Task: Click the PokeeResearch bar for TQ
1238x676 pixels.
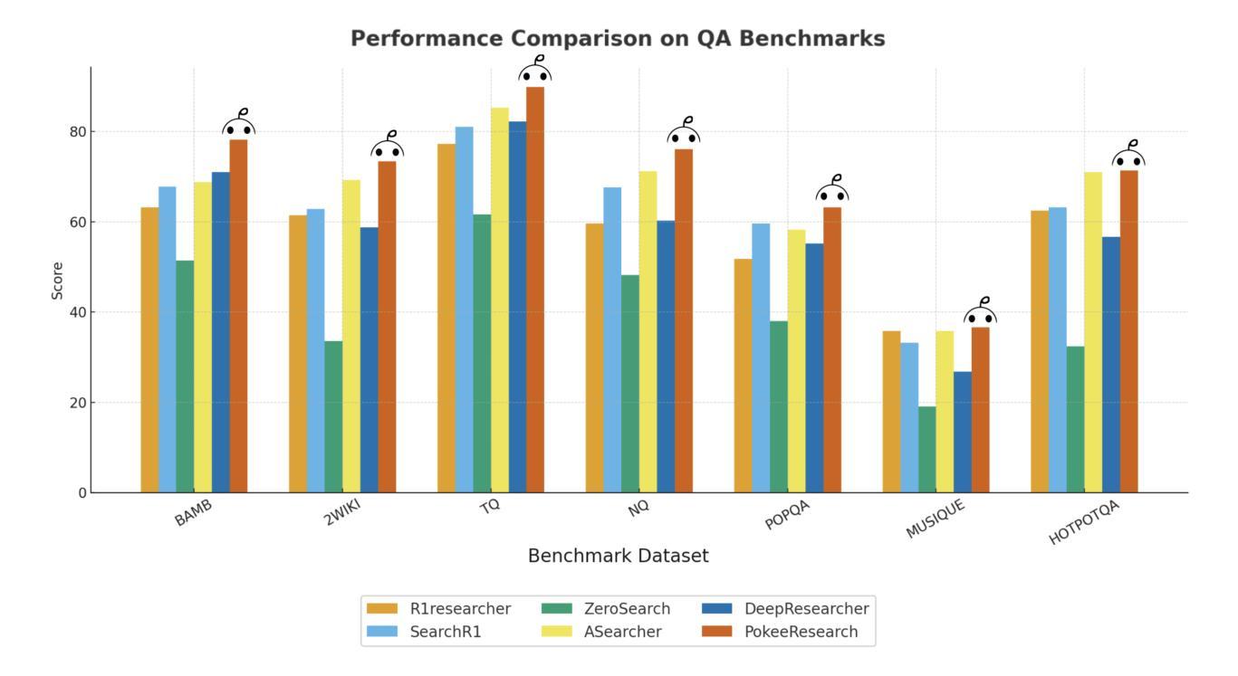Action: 535,290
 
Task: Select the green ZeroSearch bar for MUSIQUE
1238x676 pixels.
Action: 927,449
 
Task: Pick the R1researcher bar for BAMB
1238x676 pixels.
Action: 149,349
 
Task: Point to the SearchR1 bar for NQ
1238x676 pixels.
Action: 612,339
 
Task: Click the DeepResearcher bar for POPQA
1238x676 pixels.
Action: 814,367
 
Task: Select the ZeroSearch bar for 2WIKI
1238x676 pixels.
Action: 333,416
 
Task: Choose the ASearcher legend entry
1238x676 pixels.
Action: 622,632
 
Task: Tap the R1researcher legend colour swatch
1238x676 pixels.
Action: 382,609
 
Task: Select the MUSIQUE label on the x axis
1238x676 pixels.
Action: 936,519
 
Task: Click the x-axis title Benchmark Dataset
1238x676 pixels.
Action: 619,556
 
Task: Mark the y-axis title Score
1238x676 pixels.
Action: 58,281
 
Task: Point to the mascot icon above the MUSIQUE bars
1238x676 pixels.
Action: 981,312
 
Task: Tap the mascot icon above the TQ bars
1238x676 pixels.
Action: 535,70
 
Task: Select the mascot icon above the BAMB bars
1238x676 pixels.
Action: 239,124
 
